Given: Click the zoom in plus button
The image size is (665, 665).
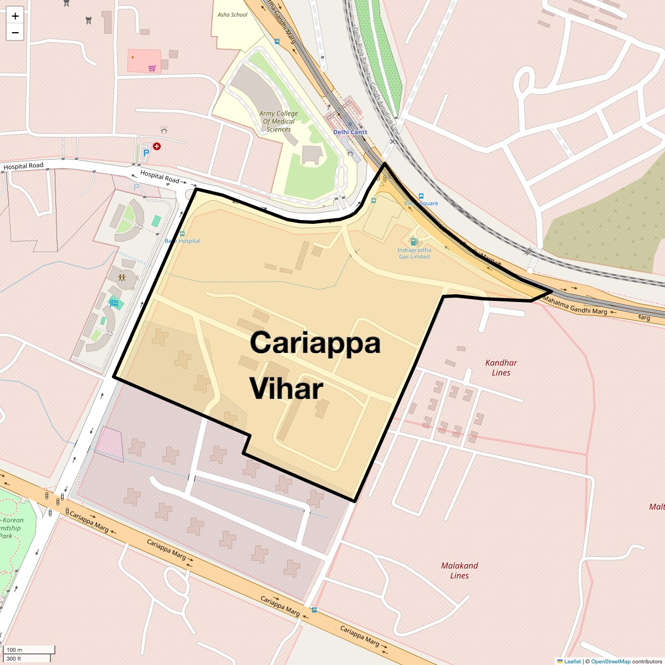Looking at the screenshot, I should pyautogui.click(x=15, y=16).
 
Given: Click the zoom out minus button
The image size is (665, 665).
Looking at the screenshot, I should pyautogui.click(x=15, y=33).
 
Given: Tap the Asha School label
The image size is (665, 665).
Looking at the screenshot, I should pyautogui.click(x=232, y=15).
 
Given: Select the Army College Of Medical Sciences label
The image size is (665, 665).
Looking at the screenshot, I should pyautogui.click(x=278, y=121).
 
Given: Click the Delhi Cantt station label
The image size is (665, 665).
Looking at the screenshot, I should pyautogui.click(x=350, y=132).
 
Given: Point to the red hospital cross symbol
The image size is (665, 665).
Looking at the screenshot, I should pyautogui.click(x=157, y=146).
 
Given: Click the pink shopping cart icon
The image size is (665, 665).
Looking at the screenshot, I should pyautogui.click(x=152, y=68).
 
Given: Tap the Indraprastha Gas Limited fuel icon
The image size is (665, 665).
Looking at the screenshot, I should pyautogui.click(x=413, y=242).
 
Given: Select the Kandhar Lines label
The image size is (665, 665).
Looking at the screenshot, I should pyautogui.click(x=501, y=367).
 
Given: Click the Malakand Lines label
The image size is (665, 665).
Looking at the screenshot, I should pyautogui.click(x=459, y=570).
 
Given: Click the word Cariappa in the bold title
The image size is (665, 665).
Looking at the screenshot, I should pyautogui.click(x=315, y=342).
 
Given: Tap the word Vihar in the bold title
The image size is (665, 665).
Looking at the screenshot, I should pyautogui.click(x=286, y=388).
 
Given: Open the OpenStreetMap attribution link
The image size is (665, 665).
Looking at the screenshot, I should pyautogui.click(x=610, y=661).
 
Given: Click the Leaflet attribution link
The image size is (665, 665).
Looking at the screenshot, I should pyautogui.click(x=572, y=661).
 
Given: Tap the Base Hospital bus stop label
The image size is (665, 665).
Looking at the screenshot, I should pyautogui.click(x=182, y=241).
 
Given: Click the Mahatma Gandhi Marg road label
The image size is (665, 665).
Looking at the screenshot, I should pyautogui.click(x=575, y=305).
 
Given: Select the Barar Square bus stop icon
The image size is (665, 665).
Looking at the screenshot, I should pyautogui.click(x=421, y=196).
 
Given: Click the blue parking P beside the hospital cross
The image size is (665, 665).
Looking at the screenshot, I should pyautogui.click(x=146, y=153).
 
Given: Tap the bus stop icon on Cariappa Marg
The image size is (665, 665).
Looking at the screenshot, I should pyautogui.click(x=314, y=610).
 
